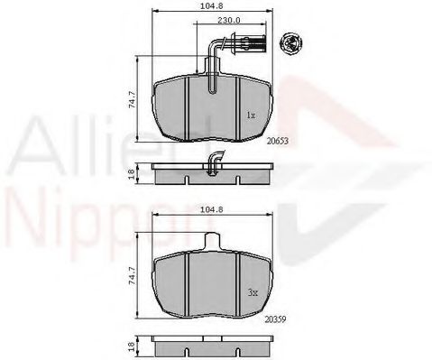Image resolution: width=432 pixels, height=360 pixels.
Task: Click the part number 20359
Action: (x=276, y=318)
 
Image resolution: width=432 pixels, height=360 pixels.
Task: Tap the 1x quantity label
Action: (x=251, y=116)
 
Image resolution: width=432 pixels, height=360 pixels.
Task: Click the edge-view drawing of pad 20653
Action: (x=212, y=173)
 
